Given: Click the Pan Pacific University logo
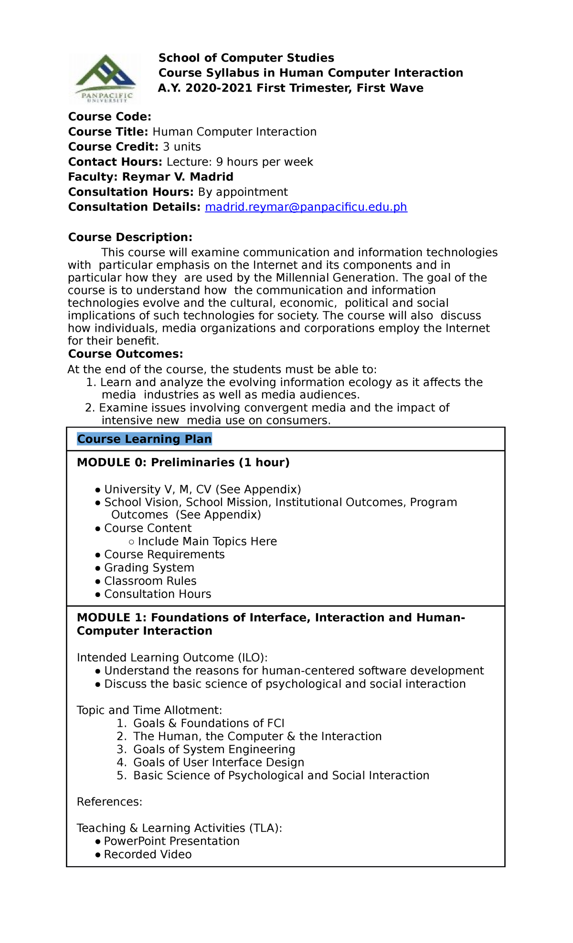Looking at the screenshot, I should point(106,78).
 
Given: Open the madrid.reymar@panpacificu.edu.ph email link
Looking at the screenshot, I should point(306,207).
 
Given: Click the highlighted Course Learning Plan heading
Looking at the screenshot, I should point(144,439).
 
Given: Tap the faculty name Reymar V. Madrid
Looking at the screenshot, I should point(178,177).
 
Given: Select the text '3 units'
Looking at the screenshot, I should point(181,147).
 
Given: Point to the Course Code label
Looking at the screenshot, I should point(109,117).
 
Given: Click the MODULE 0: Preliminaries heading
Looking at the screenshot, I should point(183,462).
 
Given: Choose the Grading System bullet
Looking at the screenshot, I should point(149,568).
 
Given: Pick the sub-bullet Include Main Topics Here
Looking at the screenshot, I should point(207,542).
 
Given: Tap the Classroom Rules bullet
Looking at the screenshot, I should point(150,581).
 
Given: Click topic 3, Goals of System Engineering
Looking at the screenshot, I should point(214,749).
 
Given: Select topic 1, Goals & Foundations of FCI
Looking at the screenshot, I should point(209,723).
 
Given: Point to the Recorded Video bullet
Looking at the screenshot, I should point(148,854).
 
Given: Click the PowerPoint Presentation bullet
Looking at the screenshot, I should point(171,841).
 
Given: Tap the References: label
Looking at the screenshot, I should point(109,802).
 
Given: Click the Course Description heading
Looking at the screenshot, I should point(130,237).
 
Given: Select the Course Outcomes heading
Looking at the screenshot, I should point(125,354).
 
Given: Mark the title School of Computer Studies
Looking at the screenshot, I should point(246,58).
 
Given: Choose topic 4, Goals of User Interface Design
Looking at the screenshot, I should point(218,763).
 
